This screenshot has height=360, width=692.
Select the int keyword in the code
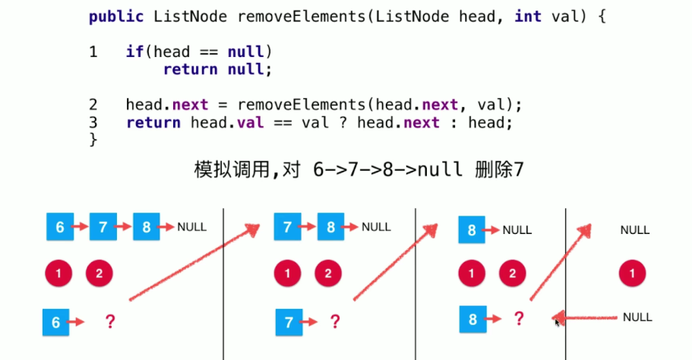pyautogui.click(x=528, y=16)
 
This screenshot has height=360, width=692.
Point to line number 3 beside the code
pyautogui.click(x=93, y=122)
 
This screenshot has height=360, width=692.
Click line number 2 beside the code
pyautogui.click(x=93, y=105)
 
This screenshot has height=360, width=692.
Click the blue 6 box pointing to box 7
pyautogui.click(x=60, y=226)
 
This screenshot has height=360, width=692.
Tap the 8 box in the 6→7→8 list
pyautogui.click(x=147, y=226)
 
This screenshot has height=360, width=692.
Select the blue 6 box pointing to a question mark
pyautogui.click(x=55, y=322)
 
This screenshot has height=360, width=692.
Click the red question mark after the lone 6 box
pyautogui.click(x=110, y=322)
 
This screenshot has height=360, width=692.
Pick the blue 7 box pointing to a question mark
pyautogui.click(x=289, y=322)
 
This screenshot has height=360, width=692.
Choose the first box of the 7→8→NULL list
pyautogui.click(x=288, y=226)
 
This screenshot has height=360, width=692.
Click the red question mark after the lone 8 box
pyautogui.click(x=520, y=319)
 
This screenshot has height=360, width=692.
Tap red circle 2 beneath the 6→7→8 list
pyautogui.click(x=99, y=273)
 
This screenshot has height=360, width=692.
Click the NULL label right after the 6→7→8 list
pyautogui.click(x=191, y=226)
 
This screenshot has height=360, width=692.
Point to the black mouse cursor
pyautogui.click(x=558, y=322)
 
